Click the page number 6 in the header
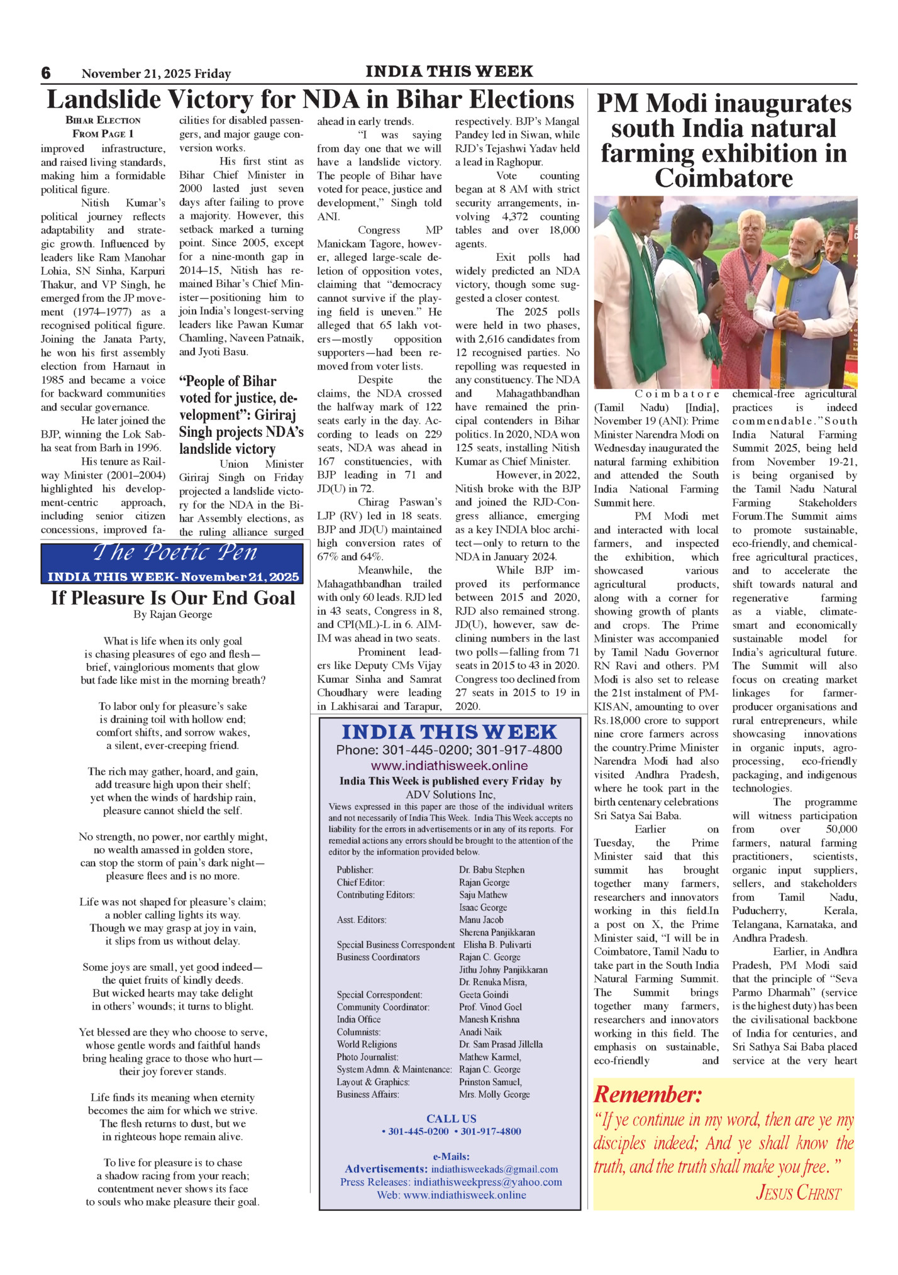click(46, 73)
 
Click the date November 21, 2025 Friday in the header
click(156, 74)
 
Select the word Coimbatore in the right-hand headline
click(723, 179)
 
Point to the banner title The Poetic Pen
click(175, 553)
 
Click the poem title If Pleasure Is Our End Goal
click(173, 597)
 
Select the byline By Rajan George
click(173, 614)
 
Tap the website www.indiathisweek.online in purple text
click(449, 765)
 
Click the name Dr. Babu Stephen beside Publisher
click(491, 869)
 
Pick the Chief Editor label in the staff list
click(360, 882)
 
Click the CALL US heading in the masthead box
click(451, 1118)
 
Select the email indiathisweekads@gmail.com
click(494, 1169)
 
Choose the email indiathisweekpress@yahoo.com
click(487, 1182)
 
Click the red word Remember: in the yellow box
click(647, 1094)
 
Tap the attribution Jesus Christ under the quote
click(798, 1192)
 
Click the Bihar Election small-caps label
click(103, 120)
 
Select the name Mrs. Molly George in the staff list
click(494, 1094)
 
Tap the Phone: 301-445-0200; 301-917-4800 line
click(449, 749)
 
